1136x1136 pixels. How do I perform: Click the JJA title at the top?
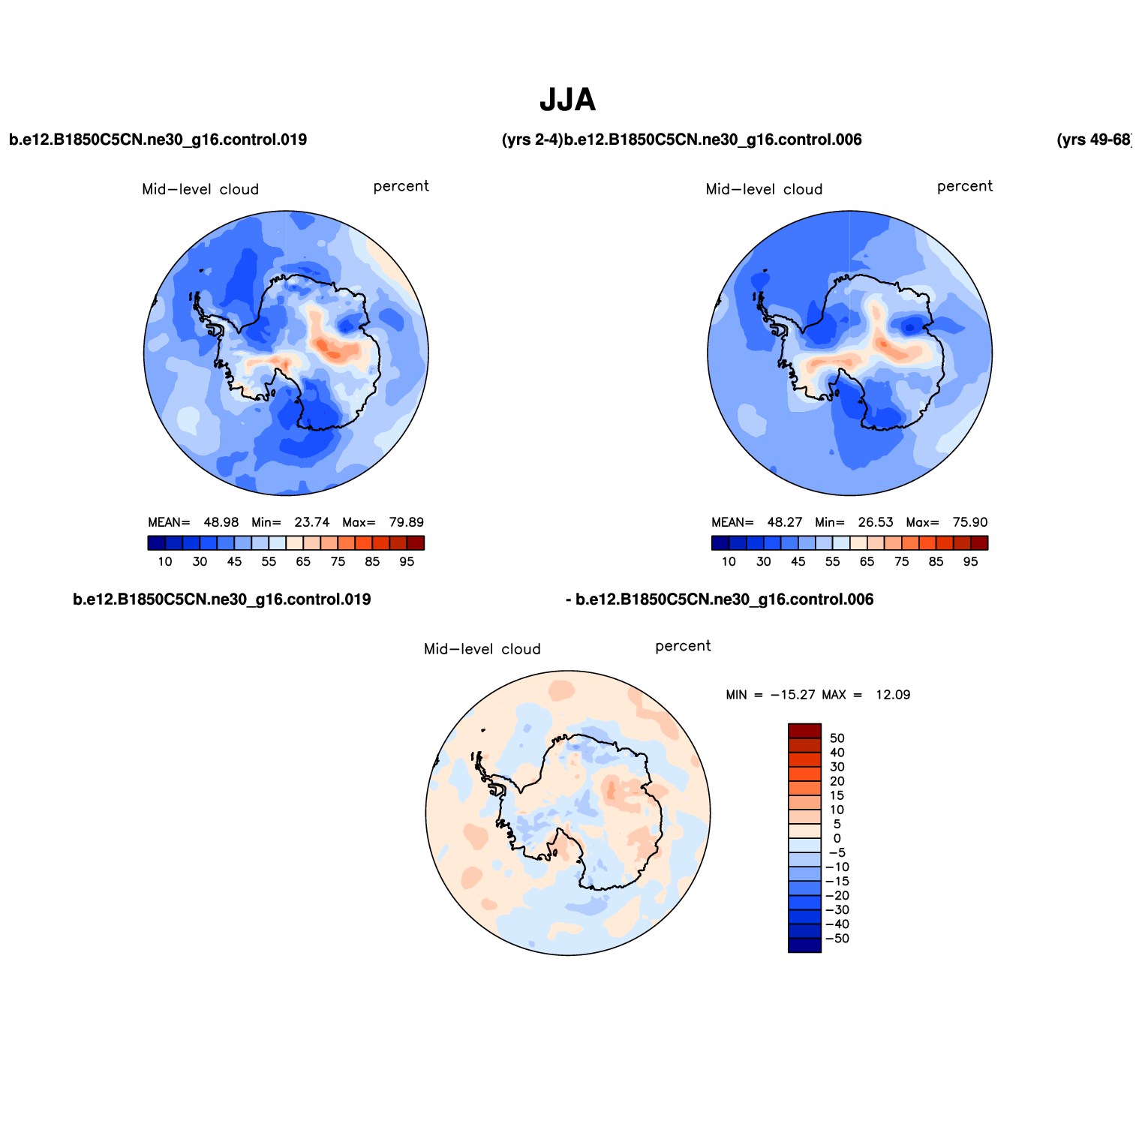pos(567,100)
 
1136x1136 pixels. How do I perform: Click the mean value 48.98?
pos(221,522)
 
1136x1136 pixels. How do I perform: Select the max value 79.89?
pos(406,522)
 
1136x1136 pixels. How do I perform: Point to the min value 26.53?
pos(876,522)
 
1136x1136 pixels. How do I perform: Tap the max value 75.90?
pos(969,522)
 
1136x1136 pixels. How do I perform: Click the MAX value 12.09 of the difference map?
pos(892,695)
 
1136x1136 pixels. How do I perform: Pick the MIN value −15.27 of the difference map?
pos(792,695)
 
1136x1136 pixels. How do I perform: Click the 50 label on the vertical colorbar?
pos(837,738)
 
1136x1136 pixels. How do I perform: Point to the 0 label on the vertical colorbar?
pos(837,839)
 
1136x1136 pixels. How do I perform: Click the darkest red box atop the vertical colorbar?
pos(804,731)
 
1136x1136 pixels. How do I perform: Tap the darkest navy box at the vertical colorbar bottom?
pos(804,945)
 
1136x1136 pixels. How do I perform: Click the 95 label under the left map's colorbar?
pos(407,561)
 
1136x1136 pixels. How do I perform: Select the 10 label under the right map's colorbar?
pos(729,561)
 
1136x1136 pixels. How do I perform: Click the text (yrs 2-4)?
pos(532,140)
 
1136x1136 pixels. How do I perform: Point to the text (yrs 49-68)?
pos(1093,140)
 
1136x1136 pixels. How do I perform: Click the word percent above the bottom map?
pos(683,646)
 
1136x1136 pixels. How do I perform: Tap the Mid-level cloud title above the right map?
pos(764,190)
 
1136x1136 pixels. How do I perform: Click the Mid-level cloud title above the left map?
pos(200,190)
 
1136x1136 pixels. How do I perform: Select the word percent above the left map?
pos(401,186)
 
